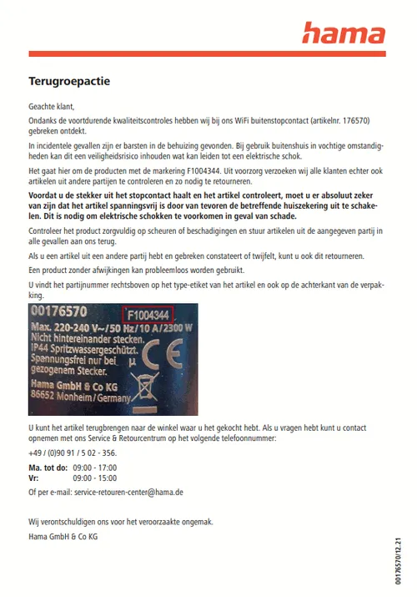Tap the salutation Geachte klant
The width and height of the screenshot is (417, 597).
[52, 107]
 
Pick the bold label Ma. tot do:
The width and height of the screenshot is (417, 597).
[48, 468]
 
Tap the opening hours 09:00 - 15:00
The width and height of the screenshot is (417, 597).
[95, 478]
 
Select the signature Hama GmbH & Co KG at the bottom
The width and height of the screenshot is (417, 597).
[63, 536]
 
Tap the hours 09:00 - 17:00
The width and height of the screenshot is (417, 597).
[95, 468]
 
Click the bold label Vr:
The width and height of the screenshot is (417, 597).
[33, 478]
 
